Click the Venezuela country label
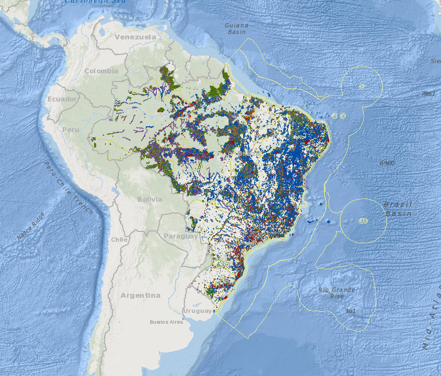135,37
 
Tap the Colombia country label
101,71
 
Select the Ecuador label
63,99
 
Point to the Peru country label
71,130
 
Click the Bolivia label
149,200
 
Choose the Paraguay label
181,236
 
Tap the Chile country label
119,240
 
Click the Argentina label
141,296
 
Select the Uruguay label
197,311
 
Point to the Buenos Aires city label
166,322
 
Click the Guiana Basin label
237,29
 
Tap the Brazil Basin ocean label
398,209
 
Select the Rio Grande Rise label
337,293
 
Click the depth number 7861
428,94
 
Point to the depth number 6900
387,162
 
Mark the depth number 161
351,311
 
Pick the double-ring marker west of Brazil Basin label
364,220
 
